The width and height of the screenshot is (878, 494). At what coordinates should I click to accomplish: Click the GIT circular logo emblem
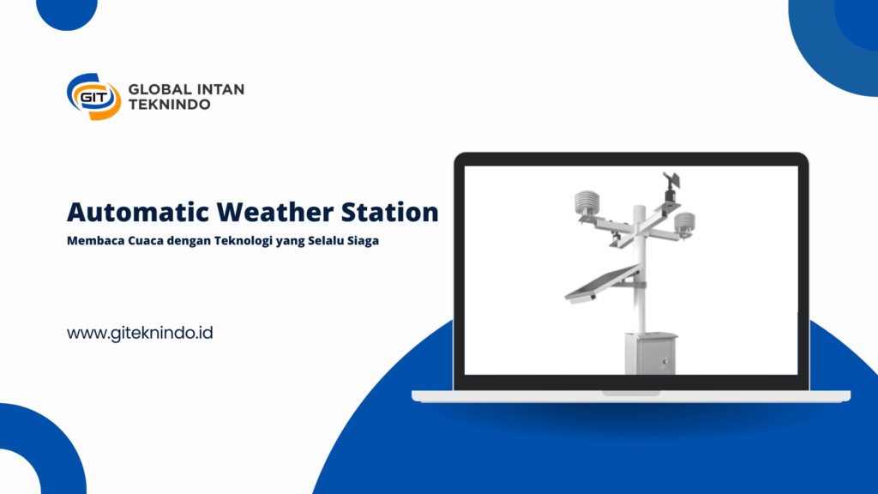tap(93, 96)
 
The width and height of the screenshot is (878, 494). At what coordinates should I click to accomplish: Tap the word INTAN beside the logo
tap(220, 89)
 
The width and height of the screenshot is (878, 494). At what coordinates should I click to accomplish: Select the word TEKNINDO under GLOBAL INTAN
tap(169, 105)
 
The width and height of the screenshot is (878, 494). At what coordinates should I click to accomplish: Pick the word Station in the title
tap(390, 213)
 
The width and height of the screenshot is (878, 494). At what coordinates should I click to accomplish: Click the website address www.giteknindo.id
tap(140, 334)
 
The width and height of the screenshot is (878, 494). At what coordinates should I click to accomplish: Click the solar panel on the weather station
tap(602, 285)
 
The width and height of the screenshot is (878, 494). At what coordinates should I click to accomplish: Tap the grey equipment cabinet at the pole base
tap(650, 354)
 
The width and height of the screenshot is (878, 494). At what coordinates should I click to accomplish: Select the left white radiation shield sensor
tap(586, 204)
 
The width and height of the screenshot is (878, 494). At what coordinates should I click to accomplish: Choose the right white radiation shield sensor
tap(684, 224)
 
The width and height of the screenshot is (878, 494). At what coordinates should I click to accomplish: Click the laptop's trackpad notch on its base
tap(631, 393)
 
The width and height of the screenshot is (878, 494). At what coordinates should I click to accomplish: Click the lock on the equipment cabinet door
tap(665, 362)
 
